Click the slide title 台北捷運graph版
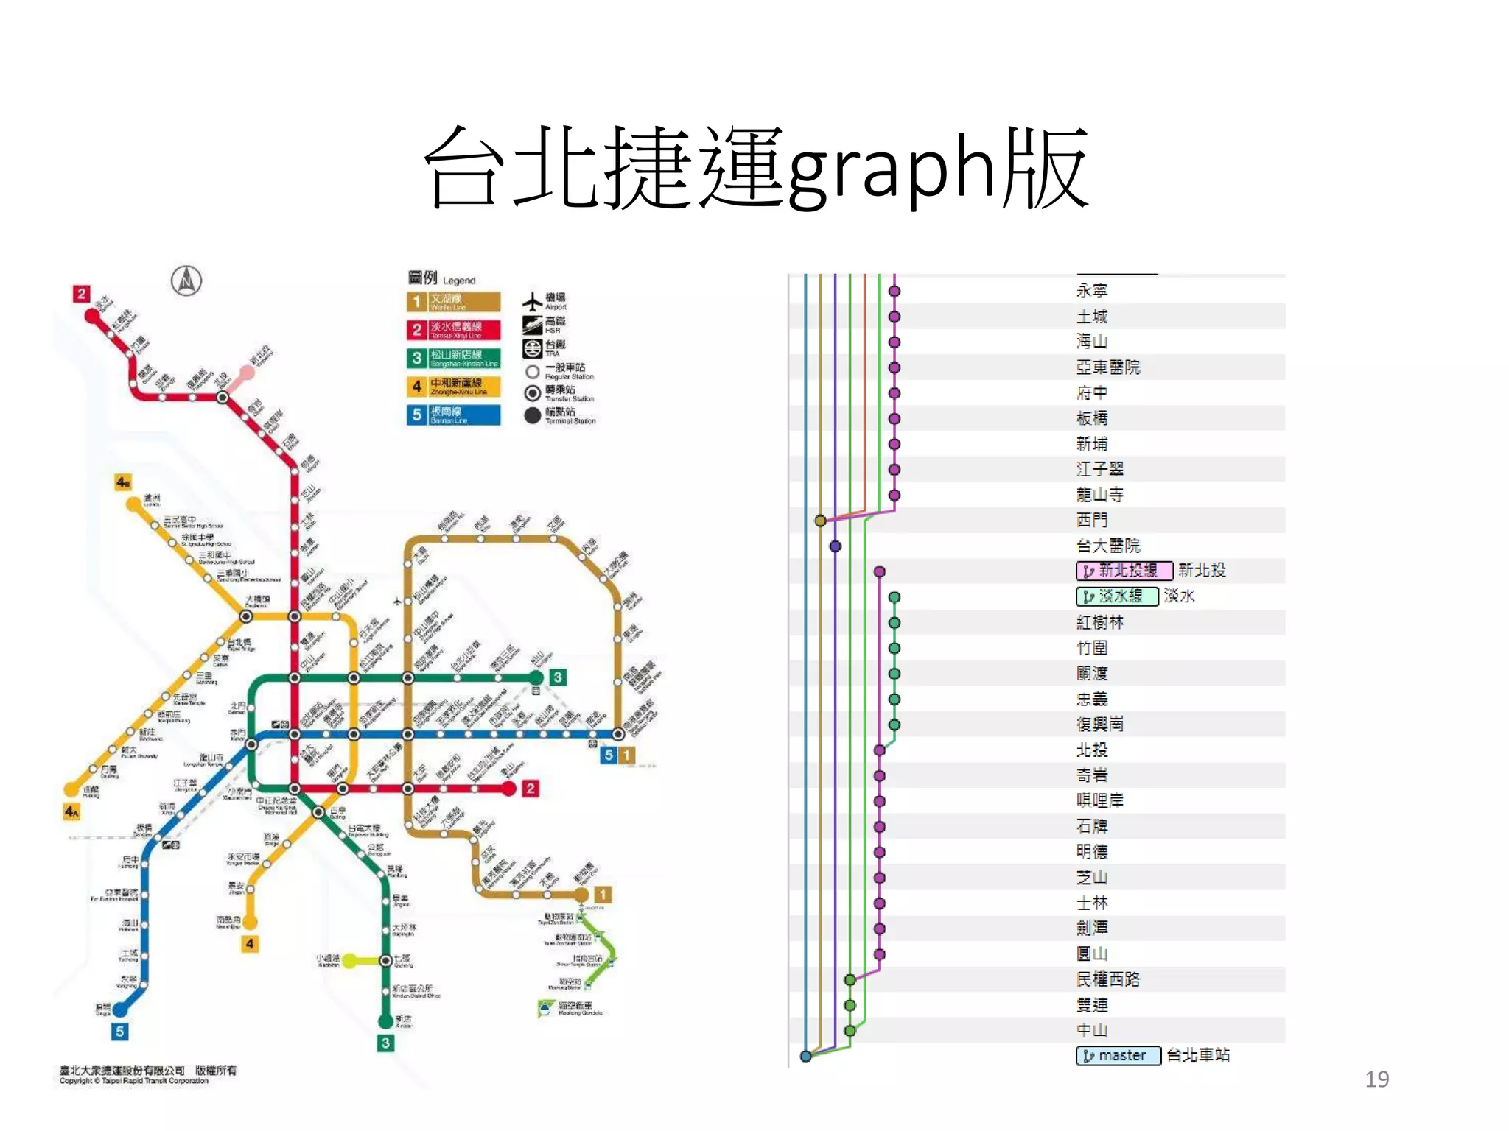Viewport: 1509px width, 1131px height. [756, 168]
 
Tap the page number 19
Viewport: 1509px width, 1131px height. [1376, 1079]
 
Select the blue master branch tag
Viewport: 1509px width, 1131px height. [1118, 1055]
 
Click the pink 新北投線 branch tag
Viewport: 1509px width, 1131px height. [1124, 571]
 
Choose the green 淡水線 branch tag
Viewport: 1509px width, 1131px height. [1117, 596]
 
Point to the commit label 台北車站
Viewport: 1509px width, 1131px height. [1198, 1055]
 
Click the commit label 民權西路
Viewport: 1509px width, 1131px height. [1107, 979]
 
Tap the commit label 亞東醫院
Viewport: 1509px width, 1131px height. [1107, 367]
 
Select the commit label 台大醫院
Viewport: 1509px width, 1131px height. [1107, 546]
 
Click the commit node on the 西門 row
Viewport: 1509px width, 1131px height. [820, 521]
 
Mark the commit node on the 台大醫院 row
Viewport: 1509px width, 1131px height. [835, 546]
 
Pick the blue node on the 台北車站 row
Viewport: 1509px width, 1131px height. [806, 1057]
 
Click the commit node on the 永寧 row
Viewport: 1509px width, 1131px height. [894, 291]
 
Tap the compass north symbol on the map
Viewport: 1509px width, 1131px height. [186, 281]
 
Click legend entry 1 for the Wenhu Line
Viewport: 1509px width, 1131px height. [453, 302]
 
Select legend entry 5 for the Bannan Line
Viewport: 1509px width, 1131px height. [453, 415]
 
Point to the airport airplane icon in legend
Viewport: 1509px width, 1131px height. [532, 302]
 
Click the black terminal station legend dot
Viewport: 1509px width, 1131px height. [532, 416]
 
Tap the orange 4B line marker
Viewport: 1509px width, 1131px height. [123, 482]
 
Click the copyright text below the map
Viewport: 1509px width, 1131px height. [147, 1075]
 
